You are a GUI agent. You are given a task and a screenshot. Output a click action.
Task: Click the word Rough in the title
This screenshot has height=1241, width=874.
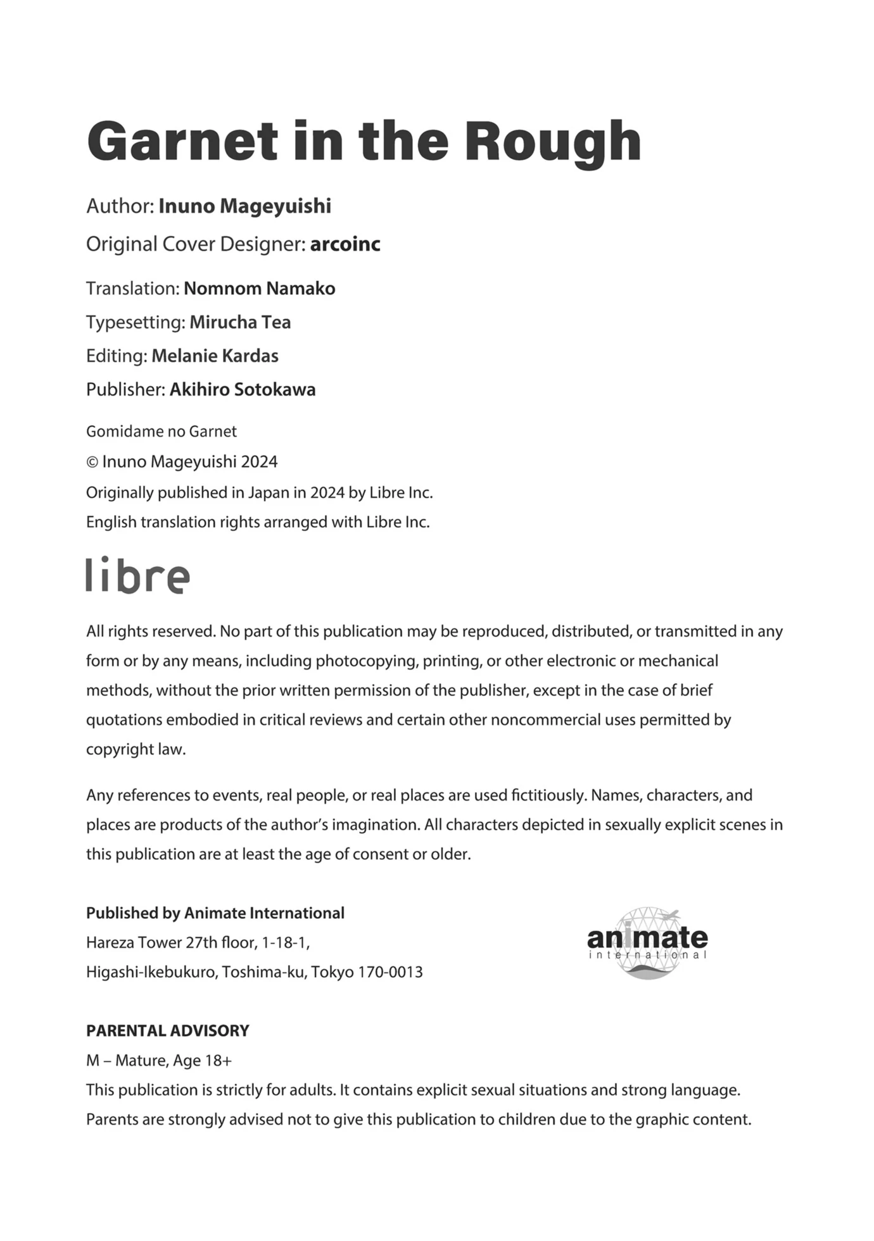pos(553,142)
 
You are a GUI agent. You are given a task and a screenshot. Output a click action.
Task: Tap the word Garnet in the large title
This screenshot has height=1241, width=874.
pos(182,142)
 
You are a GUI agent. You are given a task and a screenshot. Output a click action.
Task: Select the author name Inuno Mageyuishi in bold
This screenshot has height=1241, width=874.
pos(244,206)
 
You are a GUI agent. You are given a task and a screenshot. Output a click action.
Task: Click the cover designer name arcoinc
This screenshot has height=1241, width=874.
pos(345,244)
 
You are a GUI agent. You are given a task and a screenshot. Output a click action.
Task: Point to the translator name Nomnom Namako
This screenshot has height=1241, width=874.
pos(259,289)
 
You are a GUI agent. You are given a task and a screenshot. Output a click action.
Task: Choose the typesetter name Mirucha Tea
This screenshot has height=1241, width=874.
pos(240,322)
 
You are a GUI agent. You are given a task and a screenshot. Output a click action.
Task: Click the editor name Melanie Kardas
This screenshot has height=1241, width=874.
pos(215,356)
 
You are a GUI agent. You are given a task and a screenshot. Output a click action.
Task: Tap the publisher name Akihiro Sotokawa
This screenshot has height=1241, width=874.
pos(243,389)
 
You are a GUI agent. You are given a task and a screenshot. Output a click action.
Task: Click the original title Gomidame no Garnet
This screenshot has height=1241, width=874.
pos(161,432)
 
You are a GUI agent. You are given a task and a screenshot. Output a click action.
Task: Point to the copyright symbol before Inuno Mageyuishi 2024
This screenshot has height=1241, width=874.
pos(92,463)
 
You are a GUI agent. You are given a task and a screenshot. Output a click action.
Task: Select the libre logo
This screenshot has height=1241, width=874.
pos(137,575)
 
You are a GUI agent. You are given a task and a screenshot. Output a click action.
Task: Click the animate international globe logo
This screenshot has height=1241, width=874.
pos(647,944)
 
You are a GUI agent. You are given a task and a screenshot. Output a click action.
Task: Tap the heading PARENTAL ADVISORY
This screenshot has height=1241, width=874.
pos(168,1031)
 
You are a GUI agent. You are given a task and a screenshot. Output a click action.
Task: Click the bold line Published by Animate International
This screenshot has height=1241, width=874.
pos(215,913)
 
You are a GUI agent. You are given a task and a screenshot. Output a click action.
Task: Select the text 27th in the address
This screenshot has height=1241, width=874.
pos(201,943)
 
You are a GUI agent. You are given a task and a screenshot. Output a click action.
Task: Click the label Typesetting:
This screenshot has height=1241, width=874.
pos(136,323)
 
